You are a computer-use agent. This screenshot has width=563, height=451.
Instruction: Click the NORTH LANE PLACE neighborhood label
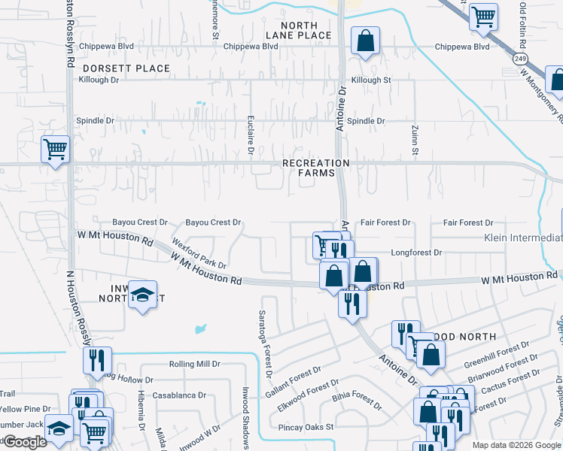click(x=299, y=30)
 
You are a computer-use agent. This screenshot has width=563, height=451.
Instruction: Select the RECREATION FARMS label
click(x=316, y=168)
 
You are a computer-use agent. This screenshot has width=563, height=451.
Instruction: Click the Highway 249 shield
click(x=519, y=57)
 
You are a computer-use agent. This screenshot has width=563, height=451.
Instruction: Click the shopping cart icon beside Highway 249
click(x=483, y=17)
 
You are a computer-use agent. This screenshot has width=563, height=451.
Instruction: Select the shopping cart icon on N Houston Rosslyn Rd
click(x=55, y=150)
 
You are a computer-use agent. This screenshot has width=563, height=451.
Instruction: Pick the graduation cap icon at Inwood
click(x=141, y=295)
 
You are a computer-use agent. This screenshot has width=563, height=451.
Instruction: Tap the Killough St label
click(x=371, y=80)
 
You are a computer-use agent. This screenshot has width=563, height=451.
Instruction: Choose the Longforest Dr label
click(x=416, y=253)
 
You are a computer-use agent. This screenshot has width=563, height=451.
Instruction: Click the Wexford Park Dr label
click(x=199, y=254)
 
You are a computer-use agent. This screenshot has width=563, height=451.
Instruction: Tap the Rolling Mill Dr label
click(x=194, y=364)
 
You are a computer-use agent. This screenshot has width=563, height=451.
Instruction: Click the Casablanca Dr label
click(x=179, y=395)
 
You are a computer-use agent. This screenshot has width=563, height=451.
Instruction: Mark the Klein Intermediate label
click(x=523, y=238)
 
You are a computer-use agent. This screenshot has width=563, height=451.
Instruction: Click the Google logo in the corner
click(x=25, y=442)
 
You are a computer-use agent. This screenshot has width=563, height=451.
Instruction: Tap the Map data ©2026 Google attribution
click(x=516, y=445)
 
